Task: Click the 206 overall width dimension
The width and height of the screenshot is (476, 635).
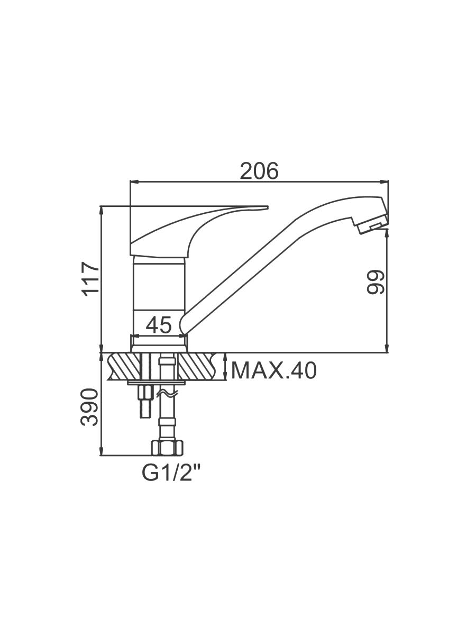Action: point(259,171)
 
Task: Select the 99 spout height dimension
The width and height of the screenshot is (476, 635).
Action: point(376,282)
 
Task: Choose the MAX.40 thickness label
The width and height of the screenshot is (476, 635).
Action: point(273,370)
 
